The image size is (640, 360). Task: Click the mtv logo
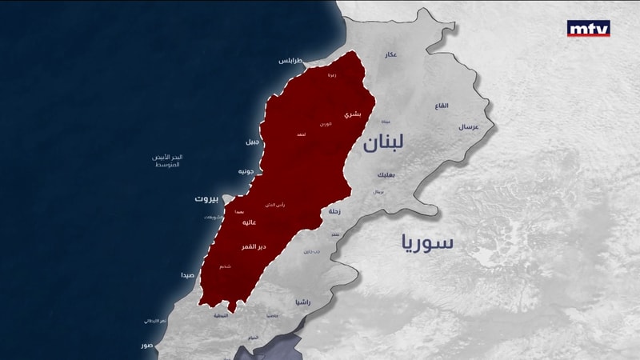pyautogui.click(x=588, y=28)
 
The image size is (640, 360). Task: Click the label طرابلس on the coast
pyautogui.click(x=290, y=61)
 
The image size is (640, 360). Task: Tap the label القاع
pyautogui.click(x=442, y=106)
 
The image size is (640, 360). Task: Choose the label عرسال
pyautogui.click(x=467, y=127)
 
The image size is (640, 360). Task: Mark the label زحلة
pyautogui.click(x=334, y=212)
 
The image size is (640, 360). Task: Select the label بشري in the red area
pyautogui.click(x=352, y=115)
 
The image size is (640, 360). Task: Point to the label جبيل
pyautogui.click(x=252, y=142)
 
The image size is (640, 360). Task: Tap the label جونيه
pyautogui.click(x=246, y=171)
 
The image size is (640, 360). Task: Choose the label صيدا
pyautogui.click(x=187, y=274)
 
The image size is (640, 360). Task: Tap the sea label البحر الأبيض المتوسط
pyautogui.click(x=168, y=160)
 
